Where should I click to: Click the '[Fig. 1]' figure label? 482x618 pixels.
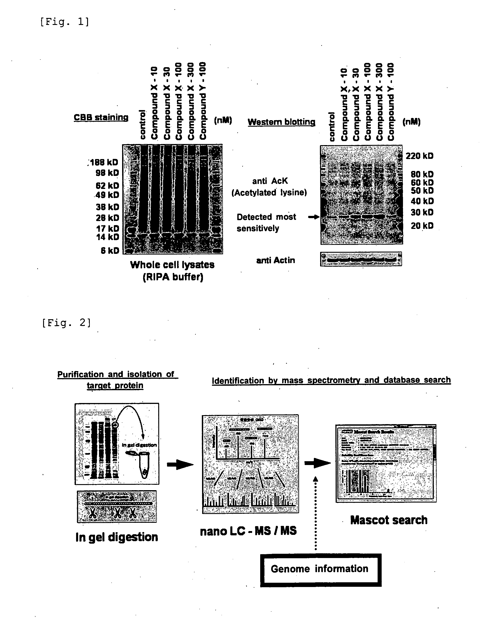[x=64, y=22]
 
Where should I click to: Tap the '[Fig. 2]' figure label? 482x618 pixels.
[x=66, y=323]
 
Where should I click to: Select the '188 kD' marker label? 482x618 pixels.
[x=104, y=162]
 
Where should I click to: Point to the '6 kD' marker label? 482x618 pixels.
[x=110, y=250]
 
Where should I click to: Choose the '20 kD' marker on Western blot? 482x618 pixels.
[x=422, y=226]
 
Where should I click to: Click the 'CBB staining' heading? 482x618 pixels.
[x=101, y=117]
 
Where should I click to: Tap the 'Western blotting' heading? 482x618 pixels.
[x=282, y=122]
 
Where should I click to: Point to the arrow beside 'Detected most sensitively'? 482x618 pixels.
[x=313, y=217]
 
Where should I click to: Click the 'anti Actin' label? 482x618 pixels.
[x=275, y=260]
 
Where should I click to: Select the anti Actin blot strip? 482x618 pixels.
[x=361, y=259]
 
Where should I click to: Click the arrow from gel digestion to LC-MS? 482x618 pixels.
[x=180, y=464]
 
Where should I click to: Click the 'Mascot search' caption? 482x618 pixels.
[x=389, y=520]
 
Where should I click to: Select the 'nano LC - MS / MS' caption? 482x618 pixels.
[x=248, y=531]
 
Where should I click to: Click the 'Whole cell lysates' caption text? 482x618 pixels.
[x=172, y=265]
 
